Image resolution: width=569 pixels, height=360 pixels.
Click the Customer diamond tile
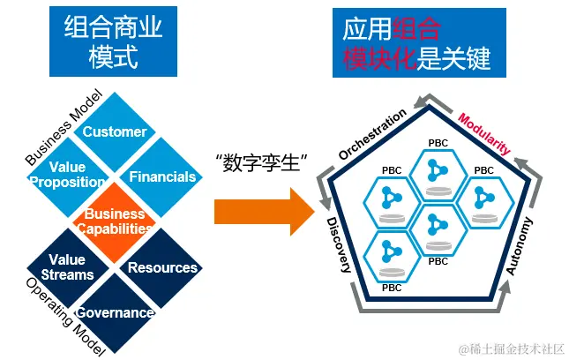[x=116, y=132]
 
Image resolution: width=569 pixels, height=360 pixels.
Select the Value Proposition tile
[x=67, y=175]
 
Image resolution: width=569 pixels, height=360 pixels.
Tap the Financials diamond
[x=162, y=176]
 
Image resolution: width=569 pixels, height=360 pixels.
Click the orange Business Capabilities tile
[x=114, y=221]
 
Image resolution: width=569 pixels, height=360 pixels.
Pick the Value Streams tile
[x=67, y=266]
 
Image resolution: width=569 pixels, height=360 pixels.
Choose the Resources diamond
[x=162, y=267]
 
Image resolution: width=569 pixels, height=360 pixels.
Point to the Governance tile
[x=115, y=312]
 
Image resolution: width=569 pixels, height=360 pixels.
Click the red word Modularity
[x=484, y=133]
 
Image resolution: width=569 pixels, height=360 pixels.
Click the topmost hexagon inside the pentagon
[x=438, y=168]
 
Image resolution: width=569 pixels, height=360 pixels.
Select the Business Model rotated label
[x=58, y=129]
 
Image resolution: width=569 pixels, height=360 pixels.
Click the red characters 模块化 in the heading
[x=379, y=59]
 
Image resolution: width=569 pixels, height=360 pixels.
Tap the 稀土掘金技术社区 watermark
[x=510, y=349]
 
